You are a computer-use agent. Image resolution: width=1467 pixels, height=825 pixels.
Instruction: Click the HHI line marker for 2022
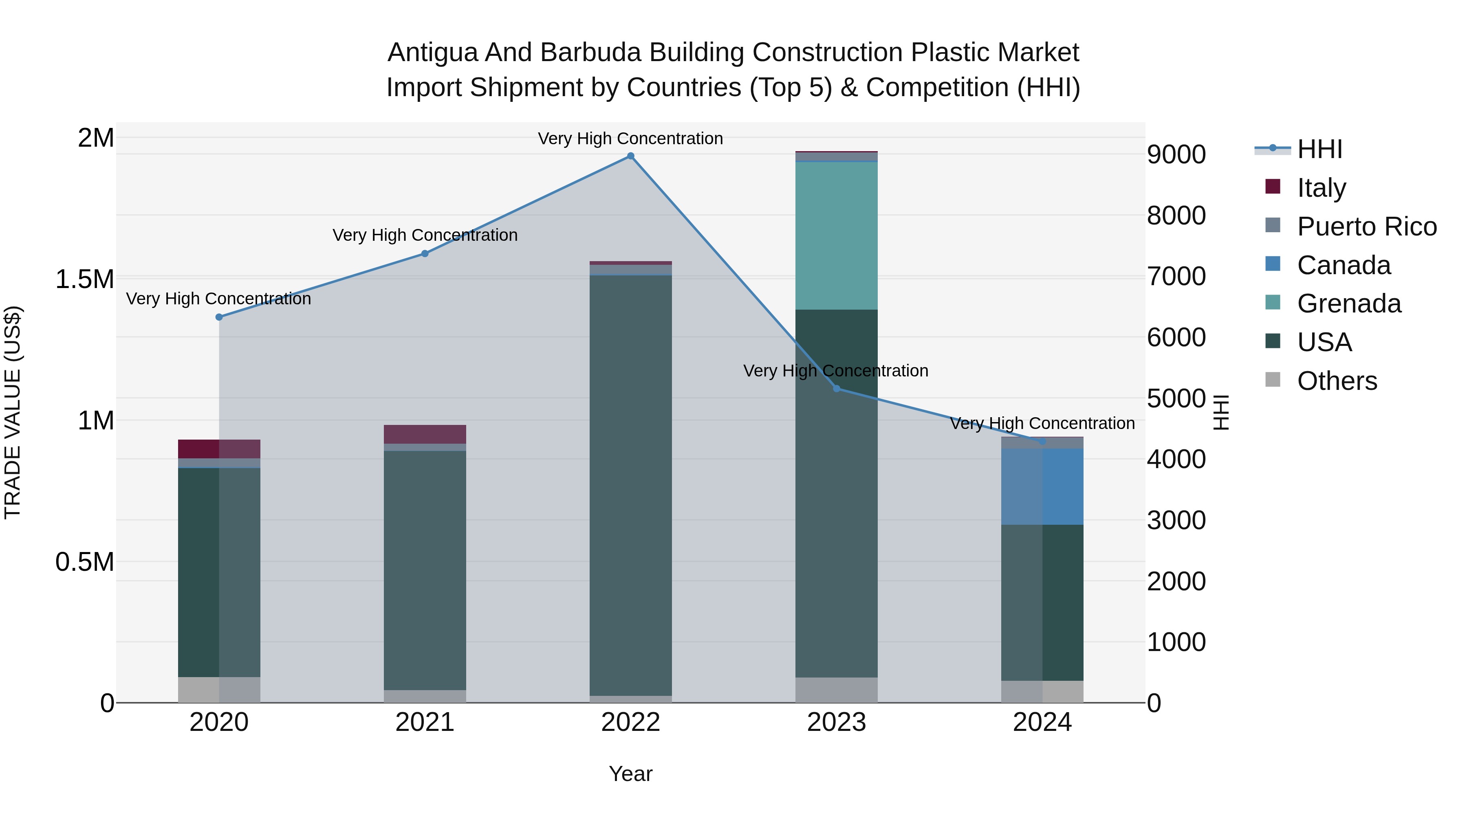coord(630,156)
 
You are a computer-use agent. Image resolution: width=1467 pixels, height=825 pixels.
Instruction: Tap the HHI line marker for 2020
coord(219,317)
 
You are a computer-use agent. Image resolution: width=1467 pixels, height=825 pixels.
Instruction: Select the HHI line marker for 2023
coord(837,389)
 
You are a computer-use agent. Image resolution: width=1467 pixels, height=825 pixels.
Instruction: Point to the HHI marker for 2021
coord(425,254)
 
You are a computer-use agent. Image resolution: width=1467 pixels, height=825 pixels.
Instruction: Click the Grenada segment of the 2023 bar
coord(837,236)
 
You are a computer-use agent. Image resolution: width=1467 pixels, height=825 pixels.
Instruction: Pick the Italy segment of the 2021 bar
coord(425,434)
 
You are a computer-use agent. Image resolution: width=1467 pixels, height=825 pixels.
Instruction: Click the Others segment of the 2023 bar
coord(837,690)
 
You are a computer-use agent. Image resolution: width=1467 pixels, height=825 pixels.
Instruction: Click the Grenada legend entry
coord(1348,304)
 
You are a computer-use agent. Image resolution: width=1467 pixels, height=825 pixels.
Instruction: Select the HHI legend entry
coord(1319,149)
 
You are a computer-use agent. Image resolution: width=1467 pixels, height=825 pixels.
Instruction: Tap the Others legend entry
coord(1337,381)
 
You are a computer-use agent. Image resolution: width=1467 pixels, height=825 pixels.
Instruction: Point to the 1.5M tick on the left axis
coord(85,279)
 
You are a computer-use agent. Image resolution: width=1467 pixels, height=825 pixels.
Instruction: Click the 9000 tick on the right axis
coord(1176,155)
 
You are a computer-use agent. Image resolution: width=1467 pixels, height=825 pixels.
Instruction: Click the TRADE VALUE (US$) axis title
coord(13,412)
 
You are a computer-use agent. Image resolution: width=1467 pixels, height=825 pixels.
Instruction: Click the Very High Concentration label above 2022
coord(630,139)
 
